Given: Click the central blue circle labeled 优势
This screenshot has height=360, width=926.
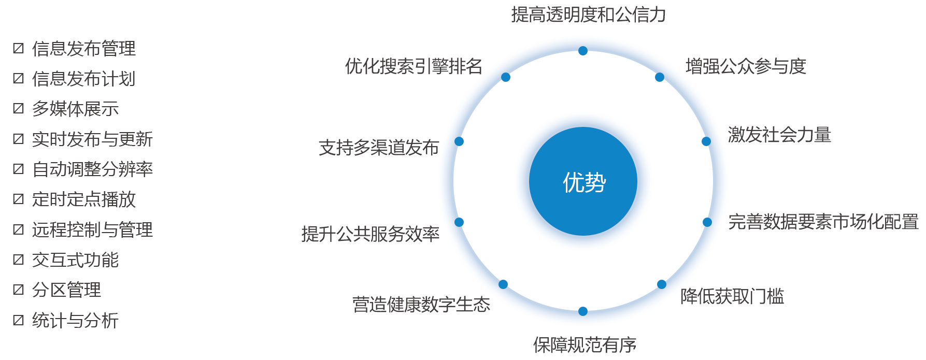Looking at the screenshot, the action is [x=583, y=181].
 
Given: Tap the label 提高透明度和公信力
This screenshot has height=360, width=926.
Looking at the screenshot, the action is [x=589, y=15].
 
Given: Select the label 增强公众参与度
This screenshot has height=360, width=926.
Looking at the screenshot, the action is [x=746, y=66].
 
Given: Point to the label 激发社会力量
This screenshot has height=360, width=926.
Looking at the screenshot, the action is [x=779, y=135].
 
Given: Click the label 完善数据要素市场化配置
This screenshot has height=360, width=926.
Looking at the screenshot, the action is [x=823, y=222].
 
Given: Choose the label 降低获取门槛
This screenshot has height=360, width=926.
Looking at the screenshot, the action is [x=732, y=296].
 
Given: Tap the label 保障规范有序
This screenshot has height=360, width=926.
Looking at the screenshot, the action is [x=585, y=345].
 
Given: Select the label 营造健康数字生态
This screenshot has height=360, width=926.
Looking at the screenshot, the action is [x=421, y=305].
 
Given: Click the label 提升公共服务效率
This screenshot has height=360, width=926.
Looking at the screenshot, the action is [x=371, y=234].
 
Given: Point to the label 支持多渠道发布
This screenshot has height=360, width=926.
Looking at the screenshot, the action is [x=379, y=148].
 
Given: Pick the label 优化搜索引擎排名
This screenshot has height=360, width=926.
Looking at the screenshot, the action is [x=414, y=66].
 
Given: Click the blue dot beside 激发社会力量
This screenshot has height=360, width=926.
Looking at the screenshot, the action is [x=706, y=141].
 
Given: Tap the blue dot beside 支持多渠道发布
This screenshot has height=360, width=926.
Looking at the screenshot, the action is [x=459, y=141].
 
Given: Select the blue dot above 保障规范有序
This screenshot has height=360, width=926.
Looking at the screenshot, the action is [x=583, y=311].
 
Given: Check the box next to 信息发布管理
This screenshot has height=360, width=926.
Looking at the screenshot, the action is [x=19, y=48].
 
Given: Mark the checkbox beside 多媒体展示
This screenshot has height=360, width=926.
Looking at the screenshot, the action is [x=19, y=108].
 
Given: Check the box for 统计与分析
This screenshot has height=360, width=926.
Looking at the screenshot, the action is [x=19, y=320].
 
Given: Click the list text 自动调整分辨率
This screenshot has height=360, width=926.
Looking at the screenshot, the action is [x=93, y=169].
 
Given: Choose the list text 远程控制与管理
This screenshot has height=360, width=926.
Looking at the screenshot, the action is [x=93, y=229].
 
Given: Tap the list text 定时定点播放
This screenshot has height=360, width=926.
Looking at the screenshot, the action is [x=84, y=199].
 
